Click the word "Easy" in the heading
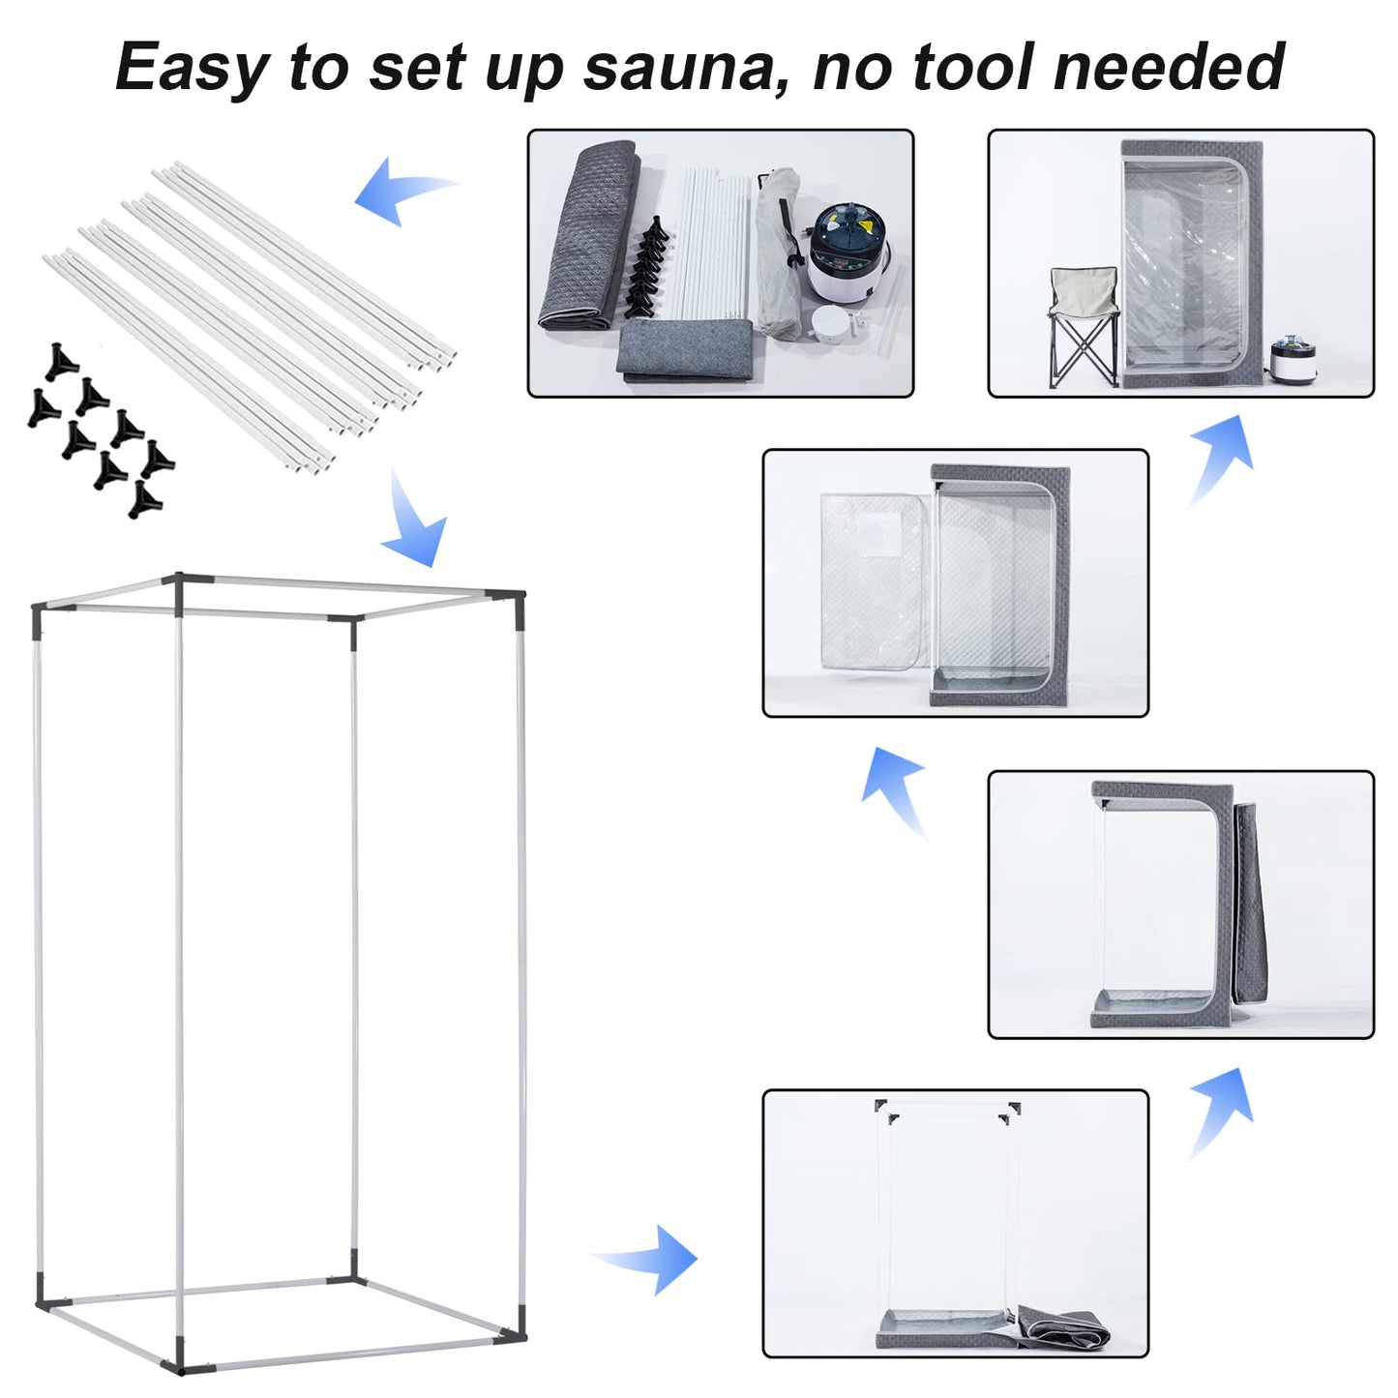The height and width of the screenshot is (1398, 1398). tap(192, 68)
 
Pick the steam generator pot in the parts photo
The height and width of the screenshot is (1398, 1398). tap(848, 253)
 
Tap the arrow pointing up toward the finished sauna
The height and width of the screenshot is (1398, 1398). tap(1221, 459)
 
